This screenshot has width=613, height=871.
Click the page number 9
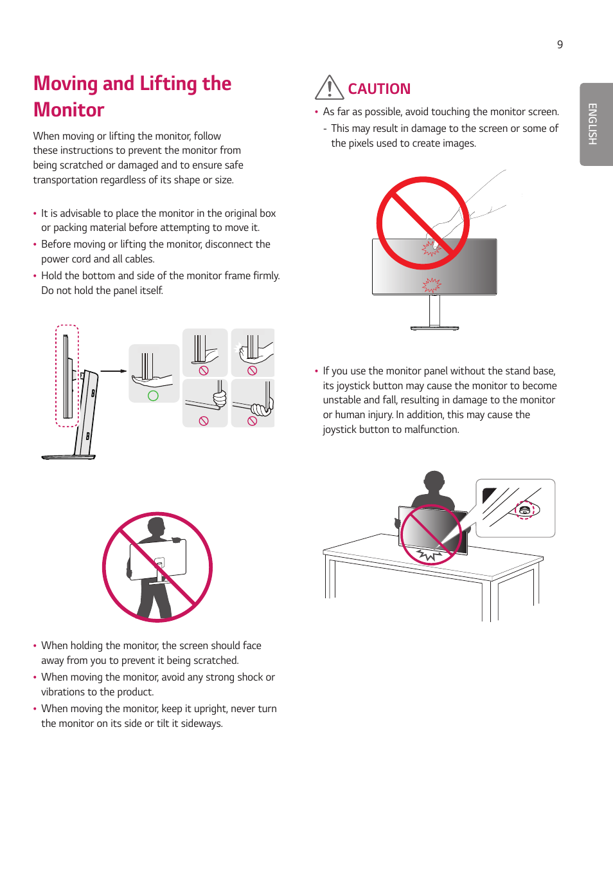coord(560,44)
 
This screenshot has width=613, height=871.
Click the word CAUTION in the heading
coord(378,89)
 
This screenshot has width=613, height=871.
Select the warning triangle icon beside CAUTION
coord(329,87)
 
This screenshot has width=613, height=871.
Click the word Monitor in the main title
coord(69,110)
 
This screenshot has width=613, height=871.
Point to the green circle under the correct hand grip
coord(153,396)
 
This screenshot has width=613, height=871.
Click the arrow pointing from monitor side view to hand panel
coord(114,371)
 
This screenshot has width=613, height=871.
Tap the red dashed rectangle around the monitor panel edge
coord(67,376)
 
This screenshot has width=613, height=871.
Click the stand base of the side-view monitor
coord(68,457)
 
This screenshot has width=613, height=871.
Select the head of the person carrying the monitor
coord(156,527)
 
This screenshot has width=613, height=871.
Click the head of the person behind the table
coord(434,481)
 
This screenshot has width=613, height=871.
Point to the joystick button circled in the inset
coord(525,509)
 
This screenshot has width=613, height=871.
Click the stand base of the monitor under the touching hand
coord(434,328)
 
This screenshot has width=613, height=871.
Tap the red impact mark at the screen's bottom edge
coord(431,284)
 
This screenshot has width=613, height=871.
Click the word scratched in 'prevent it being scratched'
coord(215,661)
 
